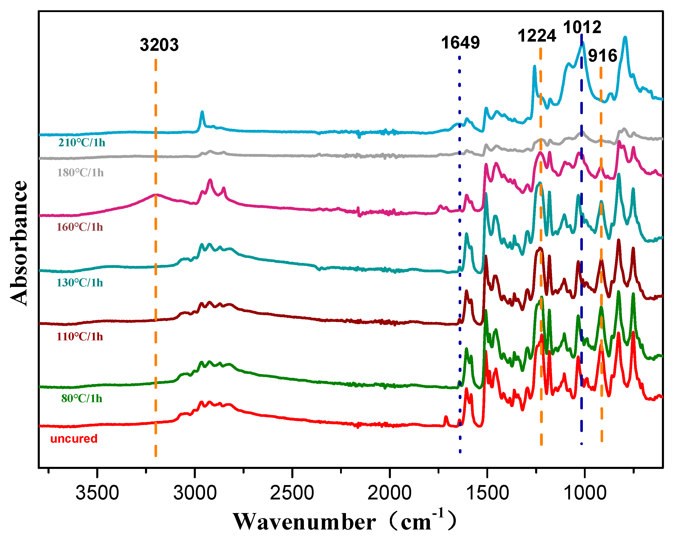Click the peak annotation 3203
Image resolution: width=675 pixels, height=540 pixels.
tap(159, 45)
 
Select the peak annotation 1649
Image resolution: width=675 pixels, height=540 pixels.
tap(460, 43)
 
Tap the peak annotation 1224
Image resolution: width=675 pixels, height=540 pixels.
tap(537, 35)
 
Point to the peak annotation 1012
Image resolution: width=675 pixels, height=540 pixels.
tap(582, 27)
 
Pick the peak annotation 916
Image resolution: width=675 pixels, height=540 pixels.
tap(602, 56)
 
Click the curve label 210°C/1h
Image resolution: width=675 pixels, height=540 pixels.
tap(81, 143)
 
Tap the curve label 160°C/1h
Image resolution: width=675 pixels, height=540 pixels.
tap(80, 227)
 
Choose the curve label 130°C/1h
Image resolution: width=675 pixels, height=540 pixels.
tap(80, 283)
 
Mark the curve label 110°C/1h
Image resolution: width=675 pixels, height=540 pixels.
tap(80, 336)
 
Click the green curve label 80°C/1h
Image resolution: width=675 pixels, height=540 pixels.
tap(81, 399)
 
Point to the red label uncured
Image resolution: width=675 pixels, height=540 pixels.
tap(74, 439)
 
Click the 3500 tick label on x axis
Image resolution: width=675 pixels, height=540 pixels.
tap(97, 493)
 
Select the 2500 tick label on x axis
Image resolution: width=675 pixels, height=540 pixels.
tap(292, 493)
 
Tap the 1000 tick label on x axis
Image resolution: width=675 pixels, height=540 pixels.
tap(584, 493)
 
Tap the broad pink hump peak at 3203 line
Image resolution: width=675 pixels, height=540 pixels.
tap(156, 195)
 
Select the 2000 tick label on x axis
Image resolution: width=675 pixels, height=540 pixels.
tap(389, 493)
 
